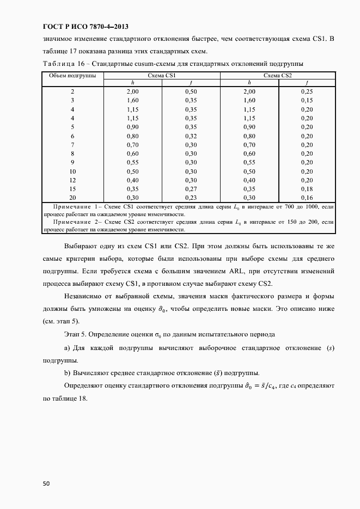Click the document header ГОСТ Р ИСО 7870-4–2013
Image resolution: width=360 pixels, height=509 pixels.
(87, 27)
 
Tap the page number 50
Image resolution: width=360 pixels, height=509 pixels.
(46, 482)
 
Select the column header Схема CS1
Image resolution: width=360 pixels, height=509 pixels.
(161, 75)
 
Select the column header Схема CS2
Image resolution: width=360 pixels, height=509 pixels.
(278, 75)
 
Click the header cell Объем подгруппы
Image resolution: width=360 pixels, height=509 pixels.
(72, 75)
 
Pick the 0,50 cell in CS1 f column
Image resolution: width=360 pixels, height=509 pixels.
(191, 92)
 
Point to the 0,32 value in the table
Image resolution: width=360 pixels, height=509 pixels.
(191, 136)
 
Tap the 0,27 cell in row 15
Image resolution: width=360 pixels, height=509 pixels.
(191, 188)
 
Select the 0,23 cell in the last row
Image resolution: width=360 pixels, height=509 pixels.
(191, 197)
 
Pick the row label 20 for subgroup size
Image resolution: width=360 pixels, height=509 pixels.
(72, 197)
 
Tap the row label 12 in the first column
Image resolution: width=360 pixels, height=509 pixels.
(72, 180)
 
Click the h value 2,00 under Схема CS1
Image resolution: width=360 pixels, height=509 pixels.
(133, 92)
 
